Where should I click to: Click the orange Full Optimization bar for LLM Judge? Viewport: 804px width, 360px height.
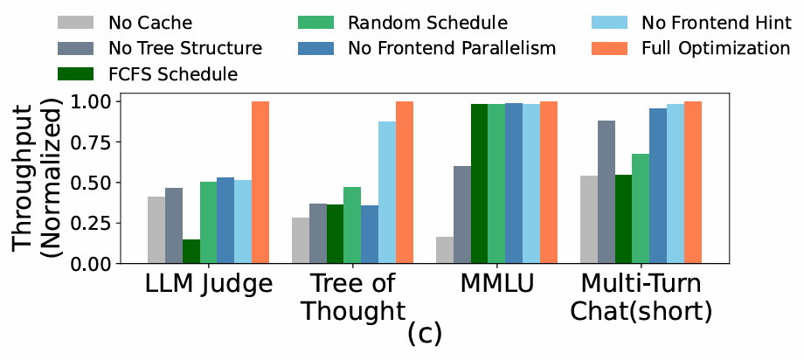point(260,183)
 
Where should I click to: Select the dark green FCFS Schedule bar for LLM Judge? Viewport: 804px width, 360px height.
point(191,251)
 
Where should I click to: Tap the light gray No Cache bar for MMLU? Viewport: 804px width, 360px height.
point(445,250)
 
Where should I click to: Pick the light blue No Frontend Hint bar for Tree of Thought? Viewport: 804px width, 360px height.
point(387,192)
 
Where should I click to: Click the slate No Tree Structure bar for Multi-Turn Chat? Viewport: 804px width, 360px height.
point(606,192)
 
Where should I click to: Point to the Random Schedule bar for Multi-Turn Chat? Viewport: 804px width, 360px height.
point(641,209)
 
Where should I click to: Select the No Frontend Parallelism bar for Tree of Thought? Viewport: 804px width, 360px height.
point(370,234)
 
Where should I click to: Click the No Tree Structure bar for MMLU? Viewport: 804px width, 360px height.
point(462,215)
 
